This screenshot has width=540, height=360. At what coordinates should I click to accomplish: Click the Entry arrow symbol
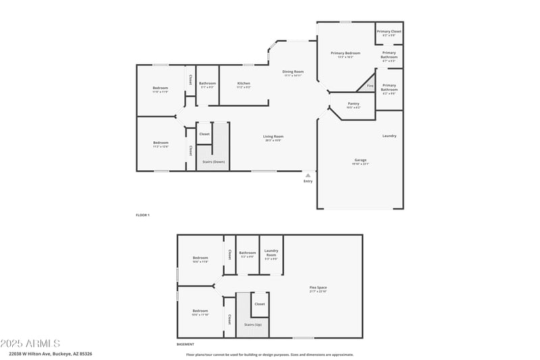[x=308, y=175]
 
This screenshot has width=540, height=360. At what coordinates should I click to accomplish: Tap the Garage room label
[x=360, y=160]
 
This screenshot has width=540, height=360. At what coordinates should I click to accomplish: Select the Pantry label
[x=353, y=104]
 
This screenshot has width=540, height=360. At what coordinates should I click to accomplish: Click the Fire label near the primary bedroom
[x=370, y=86]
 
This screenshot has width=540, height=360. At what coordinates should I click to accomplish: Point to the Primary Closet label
[x=389, y=31]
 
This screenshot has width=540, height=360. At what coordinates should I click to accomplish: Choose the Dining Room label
[x=293, y=72]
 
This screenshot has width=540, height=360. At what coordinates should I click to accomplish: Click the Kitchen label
[x=244, y=84]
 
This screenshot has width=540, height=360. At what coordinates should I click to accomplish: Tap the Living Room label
[x=273, y=136]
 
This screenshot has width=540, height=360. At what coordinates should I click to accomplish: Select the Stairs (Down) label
[x=214, y=162]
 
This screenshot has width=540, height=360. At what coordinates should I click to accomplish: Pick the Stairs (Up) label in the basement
[x=252, y=324]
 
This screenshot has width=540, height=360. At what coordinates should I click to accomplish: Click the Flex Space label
[x=318, y=288]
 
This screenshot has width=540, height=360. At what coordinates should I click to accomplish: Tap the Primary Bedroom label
[x=345, y=53]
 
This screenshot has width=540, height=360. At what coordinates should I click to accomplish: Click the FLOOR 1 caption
[x=142, y=215]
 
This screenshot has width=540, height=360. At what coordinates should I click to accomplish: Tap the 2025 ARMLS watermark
[x=31, y=344]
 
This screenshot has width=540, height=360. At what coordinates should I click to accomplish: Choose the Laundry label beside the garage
[x=389, y=136]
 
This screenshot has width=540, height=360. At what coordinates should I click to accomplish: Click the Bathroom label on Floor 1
[x=207, y=84]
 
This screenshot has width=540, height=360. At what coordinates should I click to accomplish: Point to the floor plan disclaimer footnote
[x=269, y=354]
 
